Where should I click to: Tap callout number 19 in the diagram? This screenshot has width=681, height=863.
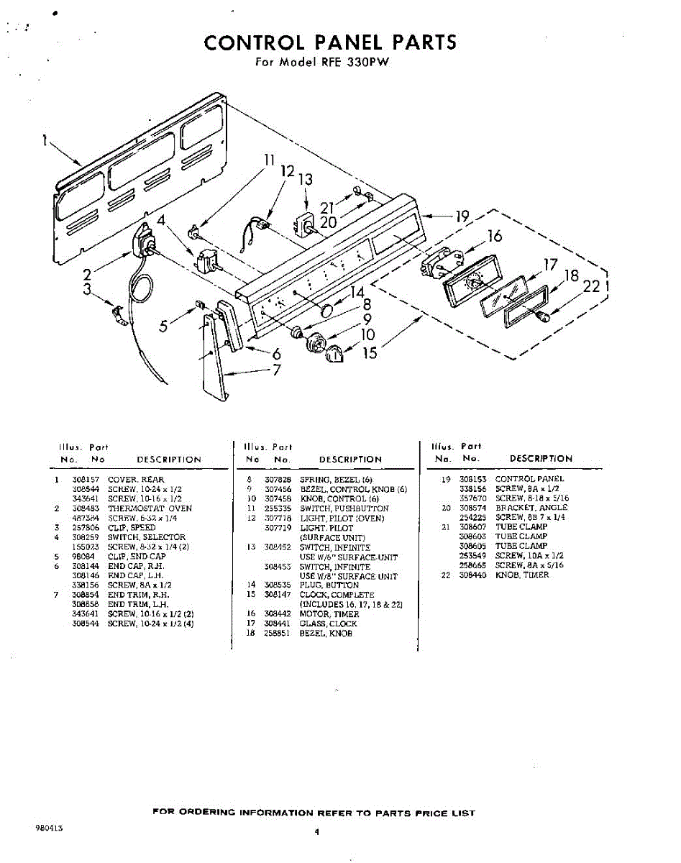pyautogui.click(x=462, y=216)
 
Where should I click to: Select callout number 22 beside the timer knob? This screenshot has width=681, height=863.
pyautogui.click(x=591, y=286)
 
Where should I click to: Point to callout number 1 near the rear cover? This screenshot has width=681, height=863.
pyautogui.click(x=45, y=142)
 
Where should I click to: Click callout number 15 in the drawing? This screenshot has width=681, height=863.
pyautogui.click(x=370, y=353)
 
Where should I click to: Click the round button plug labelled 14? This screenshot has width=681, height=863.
pyautogui.click(x=326, y=311)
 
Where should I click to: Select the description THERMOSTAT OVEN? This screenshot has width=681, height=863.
pyautogui.click(x=150, y=508)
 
